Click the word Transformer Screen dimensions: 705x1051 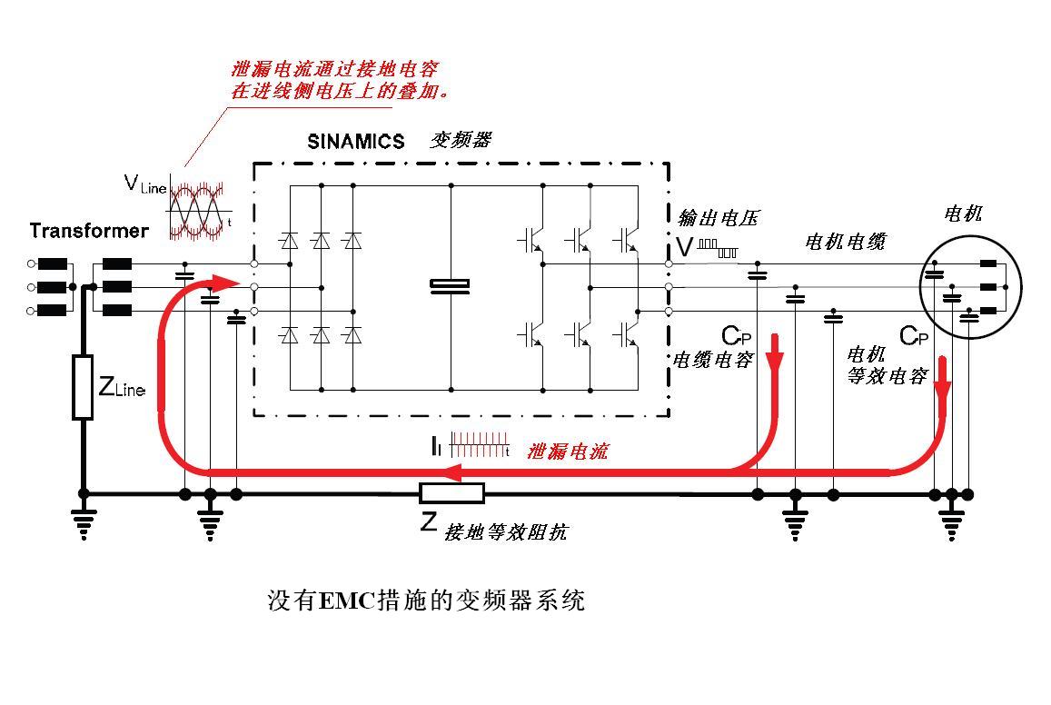[88, 230]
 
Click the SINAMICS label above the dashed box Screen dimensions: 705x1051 [355, 142]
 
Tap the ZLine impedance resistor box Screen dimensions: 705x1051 [83, 388]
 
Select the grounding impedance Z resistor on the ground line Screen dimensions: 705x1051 [451, 493]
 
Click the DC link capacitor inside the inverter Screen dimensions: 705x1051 [451, 286]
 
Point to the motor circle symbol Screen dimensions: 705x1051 [970, 286]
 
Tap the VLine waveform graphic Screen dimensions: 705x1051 [198, 210]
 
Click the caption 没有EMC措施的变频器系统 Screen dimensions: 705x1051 [426, 601]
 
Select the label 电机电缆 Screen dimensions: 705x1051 [845, 242]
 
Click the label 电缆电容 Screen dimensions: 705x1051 [712, 360]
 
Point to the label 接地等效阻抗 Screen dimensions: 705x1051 [505, 532]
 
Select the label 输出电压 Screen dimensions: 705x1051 [718, 218]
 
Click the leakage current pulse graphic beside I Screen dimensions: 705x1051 [479, 445]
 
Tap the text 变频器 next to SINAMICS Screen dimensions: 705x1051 [461, 140]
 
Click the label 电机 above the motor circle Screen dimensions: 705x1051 [963, 214]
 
